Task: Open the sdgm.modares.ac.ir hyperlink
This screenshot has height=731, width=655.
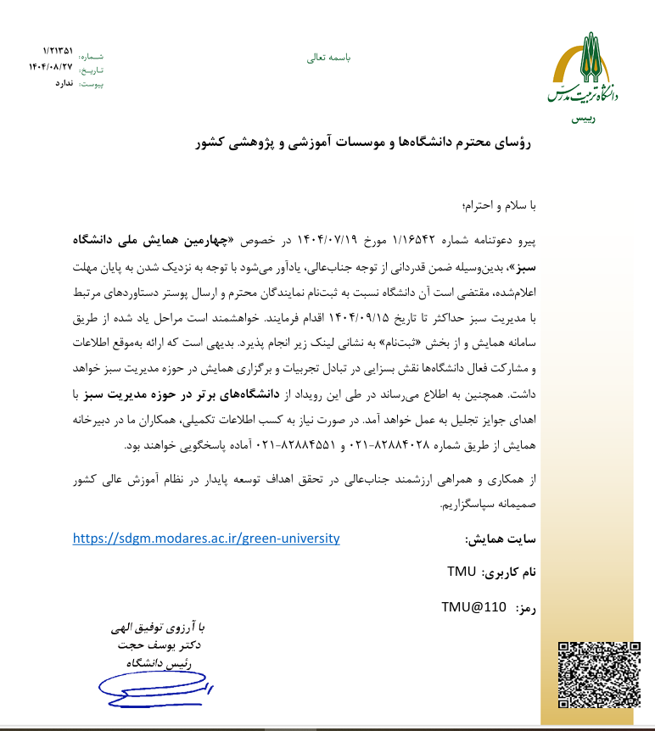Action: pos(206,538)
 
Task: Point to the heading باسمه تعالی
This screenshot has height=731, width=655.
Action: pos(328,59)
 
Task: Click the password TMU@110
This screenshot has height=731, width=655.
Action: pos(473,607)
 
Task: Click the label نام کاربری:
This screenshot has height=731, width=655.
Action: pos(509,573)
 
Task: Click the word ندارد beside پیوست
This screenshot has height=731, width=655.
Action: pos(64,83)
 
